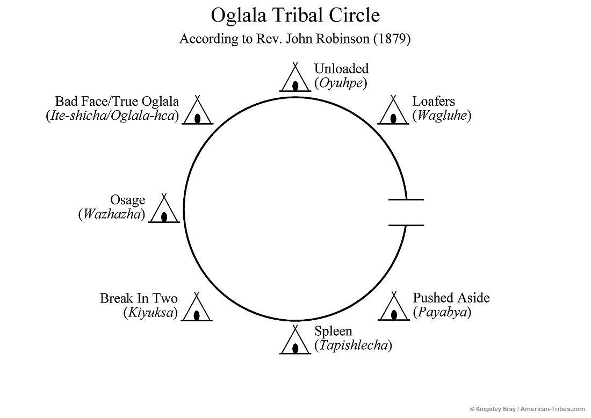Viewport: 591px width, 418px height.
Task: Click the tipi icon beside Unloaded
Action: click(x=295, y=78)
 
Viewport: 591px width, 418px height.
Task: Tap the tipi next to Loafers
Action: click(x=394, y=111)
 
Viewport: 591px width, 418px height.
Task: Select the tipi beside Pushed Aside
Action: click(x=394, y=307)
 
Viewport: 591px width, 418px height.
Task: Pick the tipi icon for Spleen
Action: click(x=295, y=341)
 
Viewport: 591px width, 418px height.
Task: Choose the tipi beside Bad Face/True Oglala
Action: click(x=198, y=111)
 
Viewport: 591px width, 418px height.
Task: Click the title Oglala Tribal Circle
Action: click(x=295, y=15)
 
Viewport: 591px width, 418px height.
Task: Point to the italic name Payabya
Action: click(x=442, y=312)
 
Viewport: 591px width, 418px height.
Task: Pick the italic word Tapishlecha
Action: click(x=353, y=345)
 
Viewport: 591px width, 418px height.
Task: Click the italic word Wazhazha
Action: click(x=112, y=214)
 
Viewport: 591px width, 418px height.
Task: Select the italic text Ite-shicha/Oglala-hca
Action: click(x=112, y=116)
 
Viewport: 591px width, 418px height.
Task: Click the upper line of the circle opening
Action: click(x=406, y=199)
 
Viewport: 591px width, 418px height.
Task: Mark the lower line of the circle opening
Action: click(x=406, y=225)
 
